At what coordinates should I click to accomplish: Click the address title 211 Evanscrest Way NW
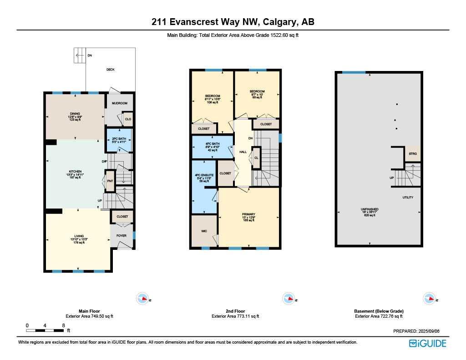[233, 22]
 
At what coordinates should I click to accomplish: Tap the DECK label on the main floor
[110, 70]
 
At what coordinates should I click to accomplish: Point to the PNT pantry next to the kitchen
[110, 181]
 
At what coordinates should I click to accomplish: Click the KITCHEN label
[75, 172]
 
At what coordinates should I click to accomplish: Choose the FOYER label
[121, 236]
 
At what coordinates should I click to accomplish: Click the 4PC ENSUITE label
[201, 175]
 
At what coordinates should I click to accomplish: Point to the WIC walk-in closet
[204, 231]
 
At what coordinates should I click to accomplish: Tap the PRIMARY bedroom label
[248, 214]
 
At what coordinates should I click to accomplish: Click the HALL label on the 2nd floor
[243, 152]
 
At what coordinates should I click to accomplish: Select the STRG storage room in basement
[413, 154]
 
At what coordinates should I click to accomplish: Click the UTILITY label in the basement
[407, 198]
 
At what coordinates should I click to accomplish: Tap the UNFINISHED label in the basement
[370, 209]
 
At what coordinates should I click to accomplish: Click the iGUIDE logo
[427, 343]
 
